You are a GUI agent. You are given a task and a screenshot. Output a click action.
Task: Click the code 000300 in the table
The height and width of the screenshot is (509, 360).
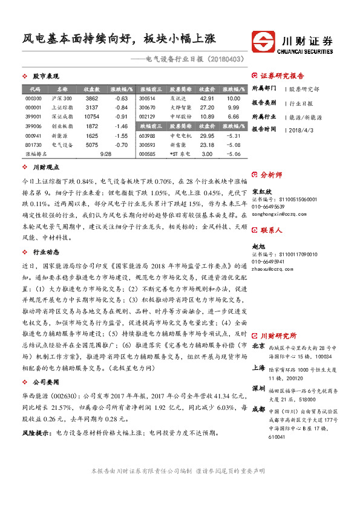pyautogui.click(x=33, y=98)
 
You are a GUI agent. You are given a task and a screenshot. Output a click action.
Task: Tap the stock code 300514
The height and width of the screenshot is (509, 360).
pyautogui.click(x=147, y=98)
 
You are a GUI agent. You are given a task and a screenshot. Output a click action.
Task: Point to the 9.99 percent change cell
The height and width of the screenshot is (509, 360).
pyautogui.click(x=234, y=107)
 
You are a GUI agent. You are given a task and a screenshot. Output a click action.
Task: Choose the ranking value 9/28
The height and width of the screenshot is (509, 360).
pyautogui.click(x=106, y=154)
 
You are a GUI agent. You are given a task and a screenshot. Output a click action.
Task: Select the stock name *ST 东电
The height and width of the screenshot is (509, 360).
pyautogui.click(x=180, y=154)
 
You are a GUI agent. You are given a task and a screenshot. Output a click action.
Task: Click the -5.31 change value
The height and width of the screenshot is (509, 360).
pyautogui.click(x=234, y=136)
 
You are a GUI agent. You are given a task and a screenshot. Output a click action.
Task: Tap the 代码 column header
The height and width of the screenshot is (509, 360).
pyautogui.click(x=34, y=89)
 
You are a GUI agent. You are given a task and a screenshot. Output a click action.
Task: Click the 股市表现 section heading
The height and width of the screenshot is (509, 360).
pyautogui.click(x=45, y=77)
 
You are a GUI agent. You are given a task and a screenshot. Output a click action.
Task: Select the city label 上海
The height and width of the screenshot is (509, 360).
pyautogui.click(x=258, y=367)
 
